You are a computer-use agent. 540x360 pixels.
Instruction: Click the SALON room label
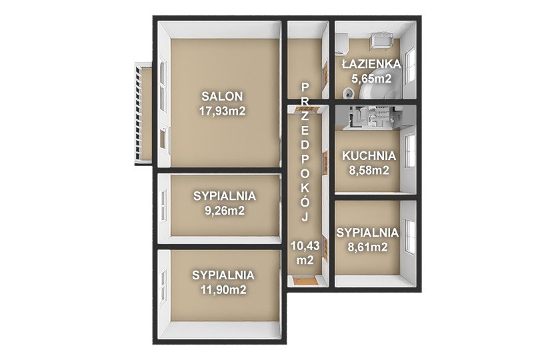pyautogui.click(x=222, y=96)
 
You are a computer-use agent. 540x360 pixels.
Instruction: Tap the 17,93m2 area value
pyautogui.click(x=222, y=111)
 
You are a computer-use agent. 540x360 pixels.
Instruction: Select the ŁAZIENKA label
pyautogui.click(x=371, y=64)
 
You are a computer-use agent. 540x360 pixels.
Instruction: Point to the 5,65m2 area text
pyautogui.click(x=371, y=79)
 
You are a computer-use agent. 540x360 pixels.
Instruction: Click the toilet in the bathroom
pyautogui.click(x=349, y=92)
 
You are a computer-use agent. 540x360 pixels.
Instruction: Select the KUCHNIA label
pyautogui.click(x=369, y=156)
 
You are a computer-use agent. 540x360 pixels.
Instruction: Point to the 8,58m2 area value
pyautogui.click(x=369, y=171)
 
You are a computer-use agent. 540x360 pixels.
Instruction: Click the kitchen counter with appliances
pyautogui.click(x=369, y=117)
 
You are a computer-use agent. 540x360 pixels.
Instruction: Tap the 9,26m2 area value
pyautogui.click(x=225, y=211)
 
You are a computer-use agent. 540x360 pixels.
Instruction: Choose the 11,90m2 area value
pyautogui.click(x=223, y=290)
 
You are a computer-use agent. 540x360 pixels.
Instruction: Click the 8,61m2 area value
pyautogui.click(x=367, y=247)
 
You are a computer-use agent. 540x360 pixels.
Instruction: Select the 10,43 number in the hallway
pyautogui.click(x=305, y=246)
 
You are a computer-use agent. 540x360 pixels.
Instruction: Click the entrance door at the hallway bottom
pyautogui.click(x=305, y=281)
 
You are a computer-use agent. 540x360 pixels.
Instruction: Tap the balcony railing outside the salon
pyautogui.click(x=139, y=112)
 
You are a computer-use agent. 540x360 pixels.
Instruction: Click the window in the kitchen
pyautogui.click(x=409, y=152)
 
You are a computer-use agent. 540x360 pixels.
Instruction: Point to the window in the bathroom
pyautogui.click(x=410, y=67)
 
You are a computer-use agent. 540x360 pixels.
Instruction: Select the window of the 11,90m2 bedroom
pyautogui.click(x=163, y=287)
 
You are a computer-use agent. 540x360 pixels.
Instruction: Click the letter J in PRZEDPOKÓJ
pyautogui.click(x=305, y=217)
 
